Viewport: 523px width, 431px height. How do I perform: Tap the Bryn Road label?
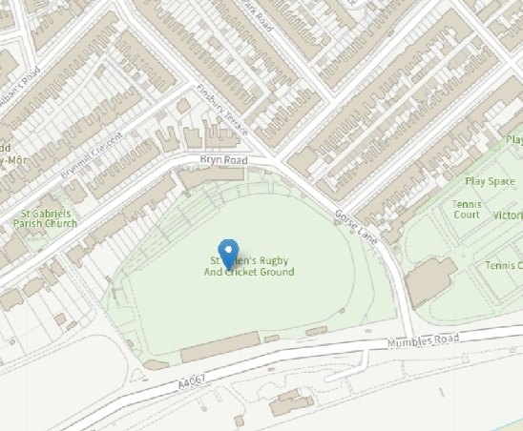[x=222, y=161]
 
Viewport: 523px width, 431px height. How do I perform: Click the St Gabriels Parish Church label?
[x=45, y=218]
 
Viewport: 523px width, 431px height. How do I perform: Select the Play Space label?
[x=489, y=181]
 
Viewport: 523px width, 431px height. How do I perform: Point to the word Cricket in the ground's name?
[x=244, y=273]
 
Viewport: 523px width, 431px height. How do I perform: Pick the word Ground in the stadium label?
[x=276, y=273]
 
